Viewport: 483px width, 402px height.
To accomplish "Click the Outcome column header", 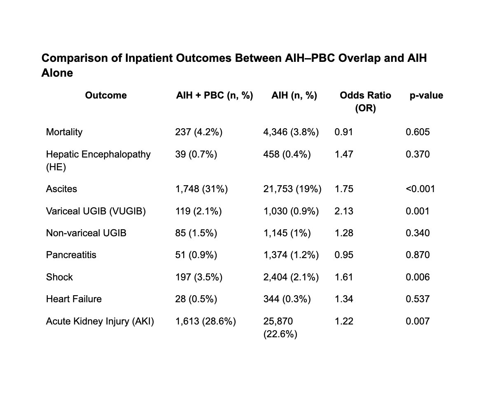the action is click(106, 95).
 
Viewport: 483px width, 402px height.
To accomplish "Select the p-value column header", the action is click(426, 96).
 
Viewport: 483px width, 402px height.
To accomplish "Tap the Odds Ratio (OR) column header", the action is click(365, 102).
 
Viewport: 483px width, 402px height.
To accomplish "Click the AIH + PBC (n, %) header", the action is click(215, 96).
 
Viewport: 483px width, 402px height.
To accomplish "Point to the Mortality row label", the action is click(64, 132).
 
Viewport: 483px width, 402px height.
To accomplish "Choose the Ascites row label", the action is click(61, 189).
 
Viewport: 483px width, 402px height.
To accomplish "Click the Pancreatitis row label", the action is click(71, 255).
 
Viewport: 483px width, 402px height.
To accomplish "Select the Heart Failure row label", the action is click(74, 299).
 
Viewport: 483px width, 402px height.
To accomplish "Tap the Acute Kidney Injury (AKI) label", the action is click(100, 322).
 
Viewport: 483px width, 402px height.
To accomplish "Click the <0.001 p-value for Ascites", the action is click(420, 189).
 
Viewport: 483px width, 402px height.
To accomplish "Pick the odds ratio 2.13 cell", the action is click(344, 211).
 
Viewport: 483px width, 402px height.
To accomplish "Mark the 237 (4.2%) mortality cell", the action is click(199, 132).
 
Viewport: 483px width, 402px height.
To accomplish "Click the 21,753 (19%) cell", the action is click(292, 189).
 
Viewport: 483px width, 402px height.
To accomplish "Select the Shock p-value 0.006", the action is click(418, 277).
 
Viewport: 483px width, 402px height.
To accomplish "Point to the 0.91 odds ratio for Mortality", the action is click(343, 132).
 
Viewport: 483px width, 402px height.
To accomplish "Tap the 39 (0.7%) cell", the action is click(196, 154).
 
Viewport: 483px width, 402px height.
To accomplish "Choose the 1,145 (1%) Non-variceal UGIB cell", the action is click(287, 233).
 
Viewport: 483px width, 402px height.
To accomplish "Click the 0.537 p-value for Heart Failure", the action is click(418, 299).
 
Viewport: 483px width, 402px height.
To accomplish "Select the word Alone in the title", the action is click(57, 73).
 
